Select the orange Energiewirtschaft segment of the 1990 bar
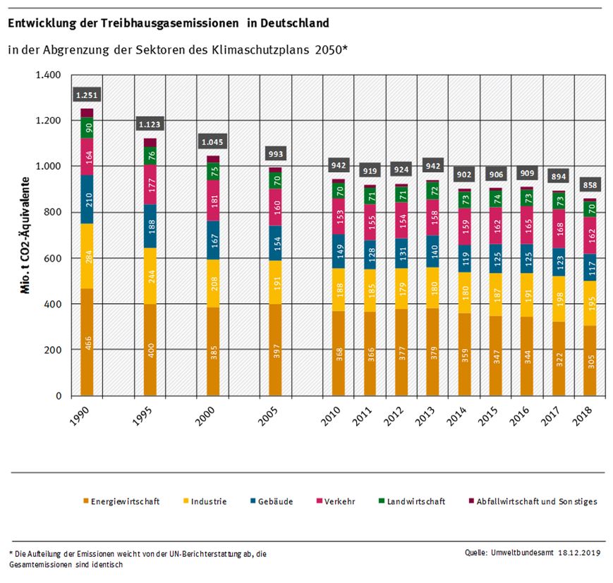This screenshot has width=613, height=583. (87, 342)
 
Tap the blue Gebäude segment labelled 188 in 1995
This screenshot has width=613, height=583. (150, 226)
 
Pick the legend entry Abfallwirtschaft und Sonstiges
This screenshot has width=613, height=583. (537, 501)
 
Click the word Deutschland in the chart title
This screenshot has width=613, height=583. (294, 23)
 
